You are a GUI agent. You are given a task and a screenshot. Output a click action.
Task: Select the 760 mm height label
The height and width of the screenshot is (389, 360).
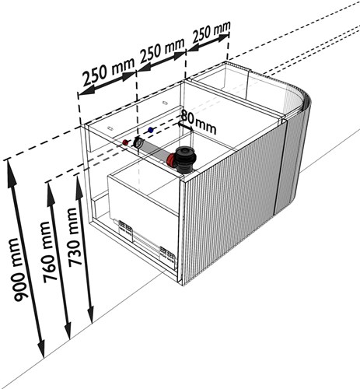(49, 252)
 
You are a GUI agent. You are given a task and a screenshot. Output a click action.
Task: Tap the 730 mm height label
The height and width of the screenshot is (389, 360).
(74, 237)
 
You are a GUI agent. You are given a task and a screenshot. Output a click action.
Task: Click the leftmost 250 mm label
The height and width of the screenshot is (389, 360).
(109, 72)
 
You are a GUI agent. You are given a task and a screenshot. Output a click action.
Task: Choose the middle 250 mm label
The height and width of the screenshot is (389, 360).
(162, 50)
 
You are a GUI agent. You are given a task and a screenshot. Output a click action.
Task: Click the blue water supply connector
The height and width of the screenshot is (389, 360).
(150, 130)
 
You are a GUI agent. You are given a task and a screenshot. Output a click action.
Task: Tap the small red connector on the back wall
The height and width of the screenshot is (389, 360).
(126, 142)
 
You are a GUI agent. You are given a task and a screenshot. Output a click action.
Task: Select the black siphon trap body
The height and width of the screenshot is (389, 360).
(184, 159)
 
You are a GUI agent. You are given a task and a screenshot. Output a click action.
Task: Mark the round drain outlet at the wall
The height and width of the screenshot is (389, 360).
(138, 142)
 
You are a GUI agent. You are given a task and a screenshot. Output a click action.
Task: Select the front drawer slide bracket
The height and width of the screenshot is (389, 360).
(168, 255)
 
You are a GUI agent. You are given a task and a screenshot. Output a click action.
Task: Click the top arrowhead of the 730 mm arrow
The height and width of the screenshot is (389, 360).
(79, 185)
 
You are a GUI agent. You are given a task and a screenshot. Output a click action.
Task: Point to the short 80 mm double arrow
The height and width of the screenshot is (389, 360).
(185, 127)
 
